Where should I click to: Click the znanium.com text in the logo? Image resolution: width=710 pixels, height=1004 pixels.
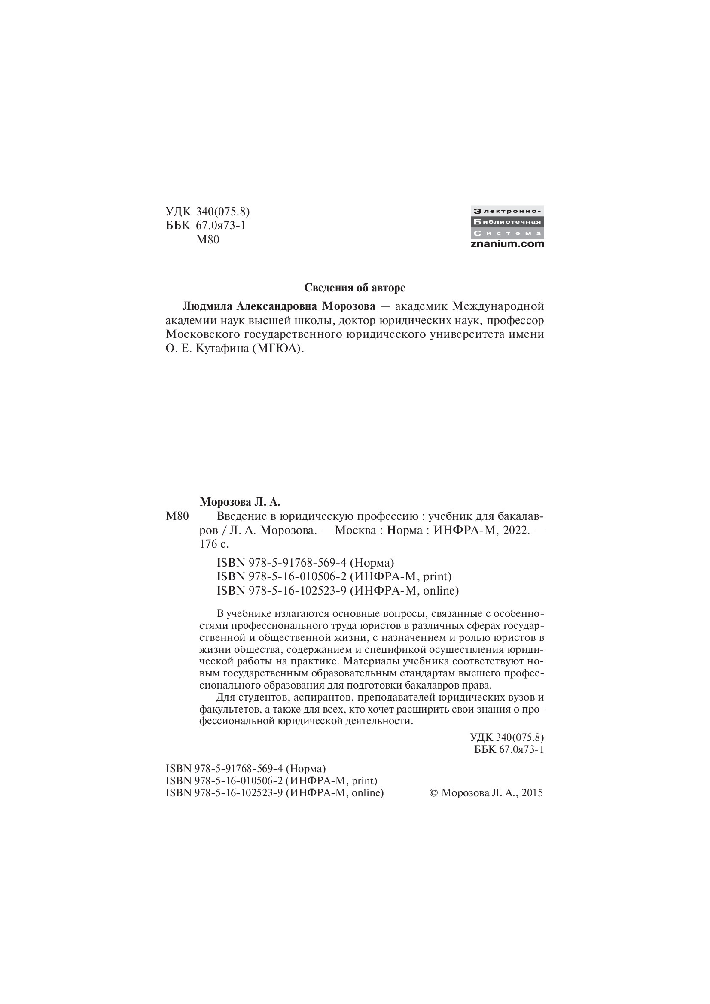click(507, 244)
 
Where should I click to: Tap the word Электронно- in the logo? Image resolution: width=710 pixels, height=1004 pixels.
click(507, 211)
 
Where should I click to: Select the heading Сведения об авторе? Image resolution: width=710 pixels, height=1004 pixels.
click(355, 288)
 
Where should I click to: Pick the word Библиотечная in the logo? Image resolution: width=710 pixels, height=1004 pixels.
click(507, 221)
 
